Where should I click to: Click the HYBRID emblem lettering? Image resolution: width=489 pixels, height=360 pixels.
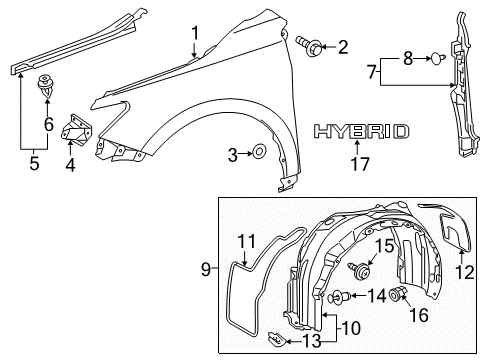[x=361, y=131]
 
